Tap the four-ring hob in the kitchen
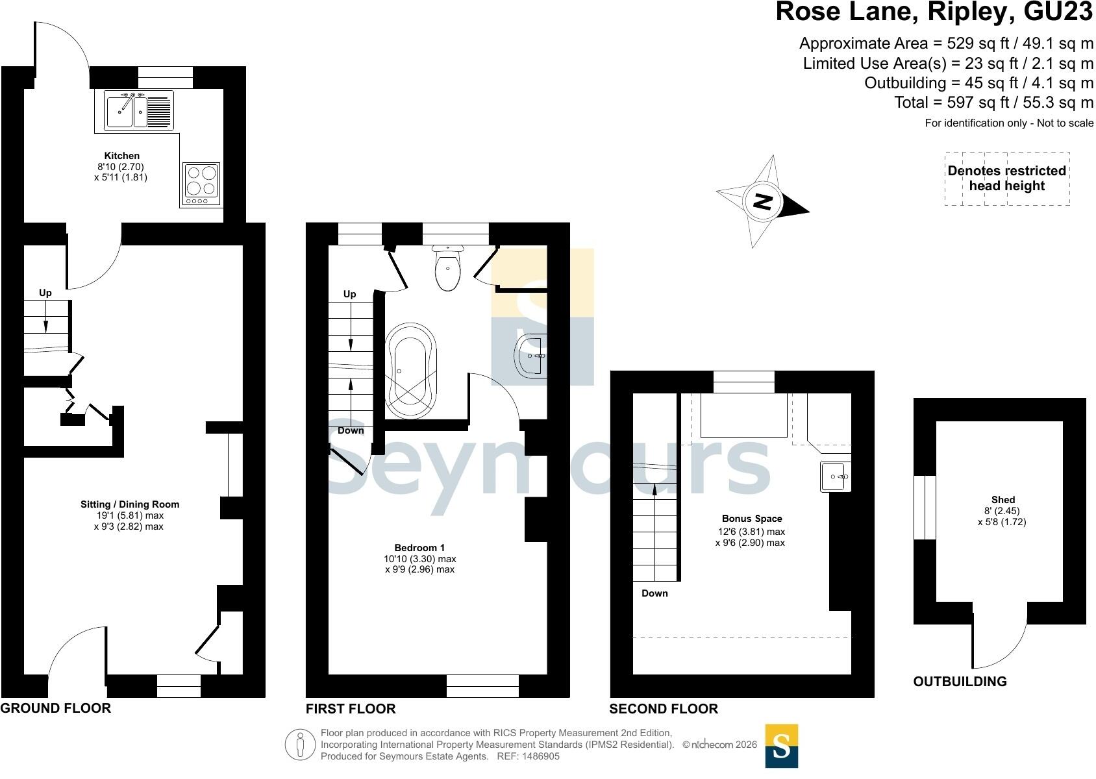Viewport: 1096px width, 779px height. click(x=201, y=184)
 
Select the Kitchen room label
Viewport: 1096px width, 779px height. click(x=122, y=156)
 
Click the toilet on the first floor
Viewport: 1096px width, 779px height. click(x=448, y=267)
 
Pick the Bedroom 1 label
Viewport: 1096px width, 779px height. click(x=419, y=547)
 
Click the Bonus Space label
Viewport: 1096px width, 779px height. click(x=752, y=519)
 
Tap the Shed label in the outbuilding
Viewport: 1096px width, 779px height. click(x=1003, y=500)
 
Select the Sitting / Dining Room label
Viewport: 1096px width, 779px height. click(x=130, y=504)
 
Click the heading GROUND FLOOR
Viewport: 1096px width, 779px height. click(x=55, y=708)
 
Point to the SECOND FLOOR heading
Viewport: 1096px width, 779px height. click(x=664, y=708)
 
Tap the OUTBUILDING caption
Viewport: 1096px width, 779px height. click(x=960, y=682)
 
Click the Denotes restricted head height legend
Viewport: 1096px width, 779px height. click(x=1007, y=178)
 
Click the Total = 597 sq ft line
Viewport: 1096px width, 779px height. click(x=994, y=103)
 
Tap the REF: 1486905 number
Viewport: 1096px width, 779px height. click(x=528, y=756)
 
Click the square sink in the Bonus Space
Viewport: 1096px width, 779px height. click(x=835, y=476)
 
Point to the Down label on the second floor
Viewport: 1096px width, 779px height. click(x=654, y=593)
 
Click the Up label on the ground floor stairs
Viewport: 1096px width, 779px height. click(x=45, y=293)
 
